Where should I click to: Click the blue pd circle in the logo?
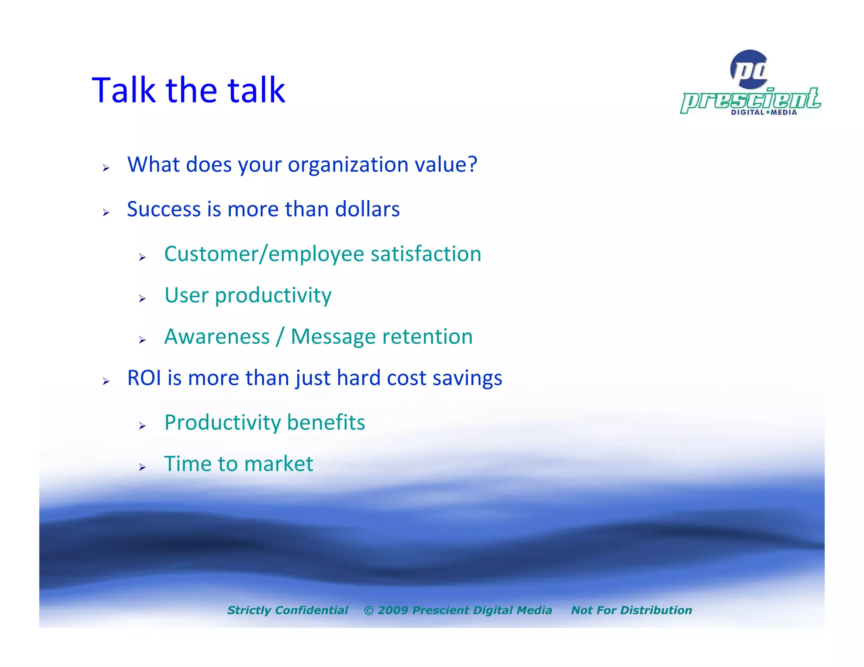[x=749, y=69]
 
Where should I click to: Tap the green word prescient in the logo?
[x=751, y=100]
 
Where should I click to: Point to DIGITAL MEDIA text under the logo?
[x=764, y=113]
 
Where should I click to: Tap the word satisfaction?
[x=426, y=254]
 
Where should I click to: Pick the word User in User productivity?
[x=186, y=295]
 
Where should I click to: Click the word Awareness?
[x=217, y=337]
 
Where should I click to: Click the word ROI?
[x=144, y=378]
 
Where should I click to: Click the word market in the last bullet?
[x=278, y=464]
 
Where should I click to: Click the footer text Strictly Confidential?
[x=288, y=610]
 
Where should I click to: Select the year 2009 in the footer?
[x=392, y=610]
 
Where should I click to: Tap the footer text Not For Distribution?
[x=631, y=610]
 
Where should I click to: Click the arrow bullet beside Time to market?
[x=142, y=467]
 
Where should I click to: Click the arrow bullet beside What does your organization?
[x=106, y=168]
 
